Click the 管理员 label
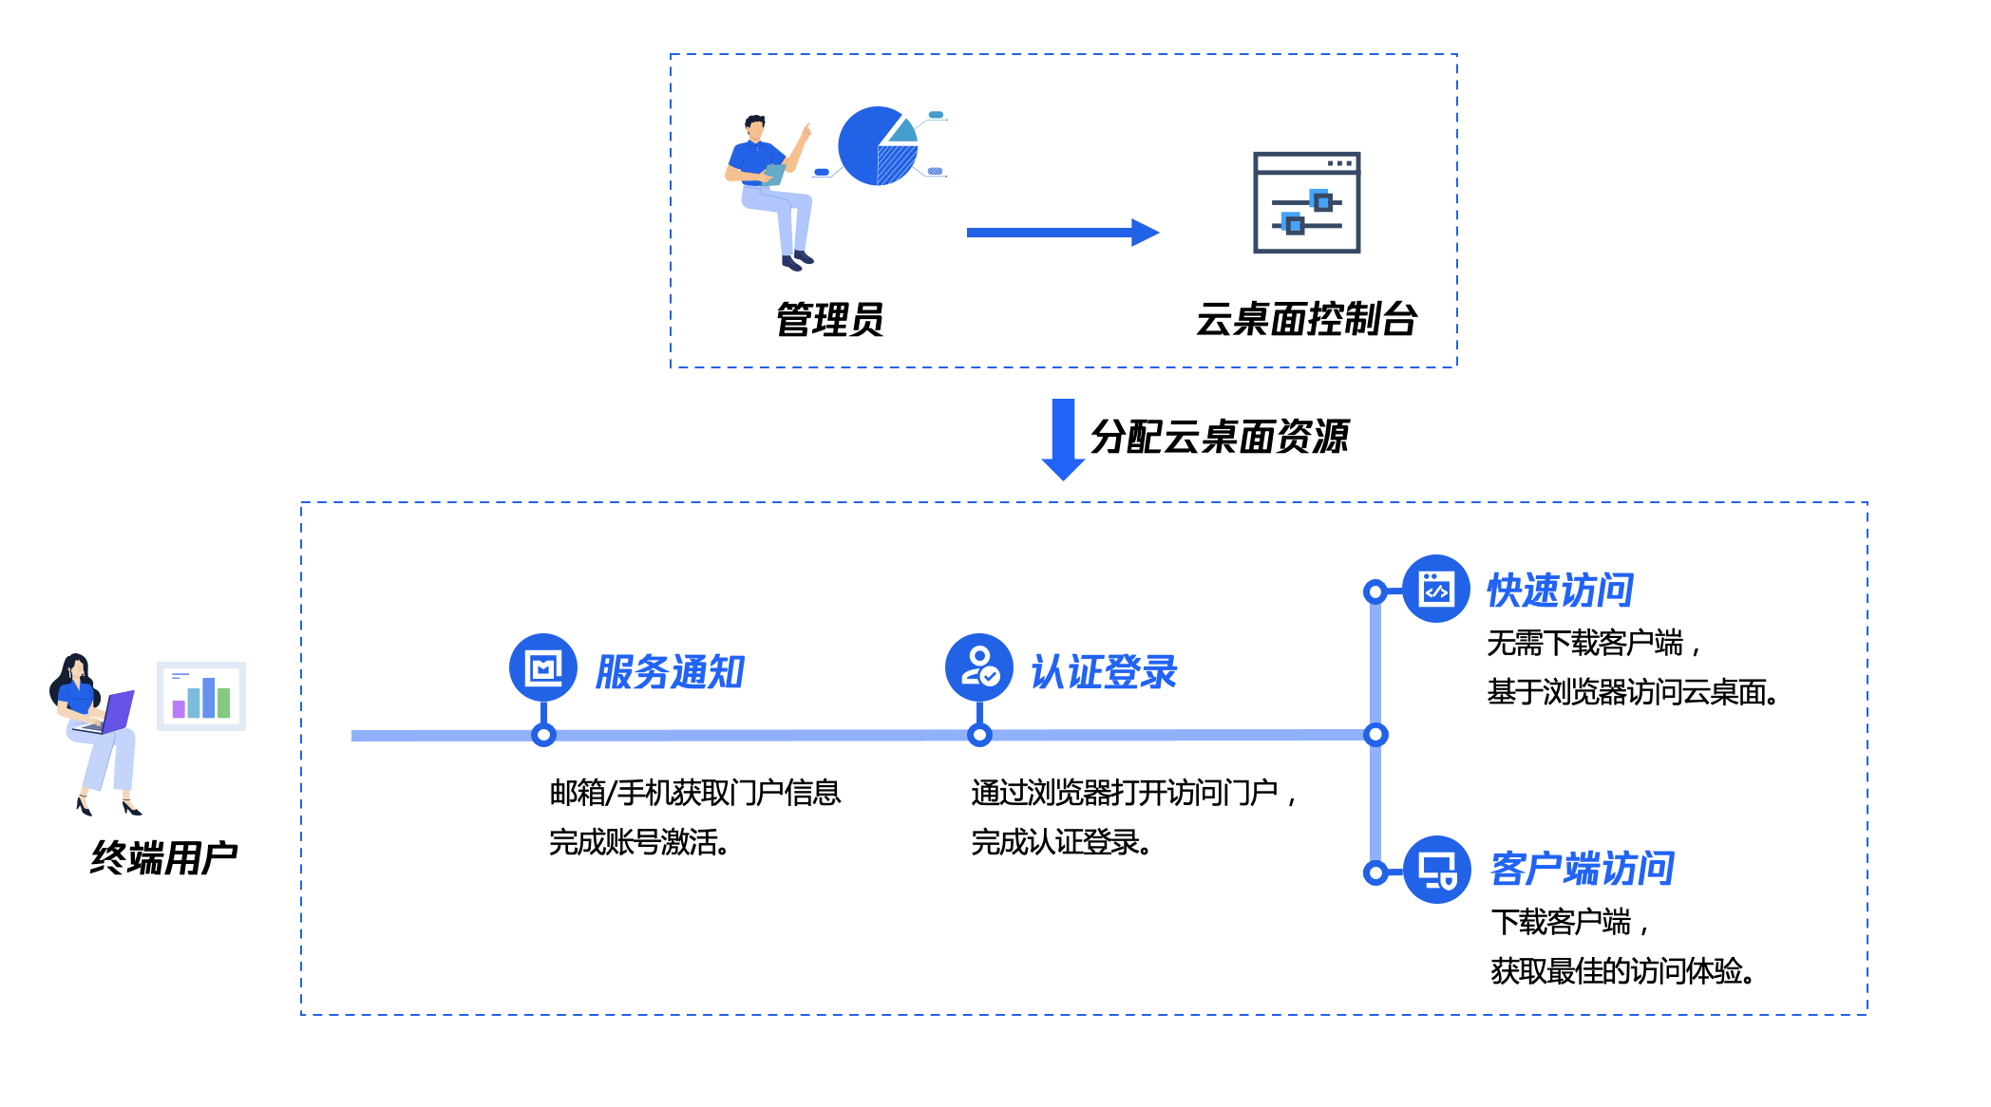click(x=829, y=320)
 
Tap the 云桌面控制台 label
click(x=1306, y=319)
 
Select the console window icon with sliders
click(x=1306, y=202)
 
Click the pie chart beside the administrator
click(x=878, y=145)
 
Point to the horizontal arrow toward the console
click(x=1062, y=233)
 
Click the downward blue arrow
click(x=1063, y=439)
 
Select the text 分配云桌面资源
click(x=1219, y=437)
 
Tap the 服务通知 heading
click(x=670, y=672)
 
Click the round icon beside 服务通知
click(x=543, y=667)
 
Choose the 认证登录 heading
click(x=1104, y=672)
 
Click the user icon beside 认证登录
click(x=979, y=667)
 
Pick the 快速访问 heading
click(x=1560, y=591)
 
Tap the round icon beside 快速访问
click(x=1436, y=589)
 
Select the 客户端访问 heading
click(x=1582, y=869)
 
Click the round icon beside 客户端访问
click(x=1437, y=870)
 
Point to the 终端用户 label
click(x=163, y=857)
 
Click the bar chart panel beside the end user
click(x=201, y=696)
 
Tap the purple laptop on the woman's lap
click(x=115, y=713)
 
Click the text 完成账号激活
click(x=638, y=842)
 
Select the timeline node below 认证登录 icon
click(x=979, y=735)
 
